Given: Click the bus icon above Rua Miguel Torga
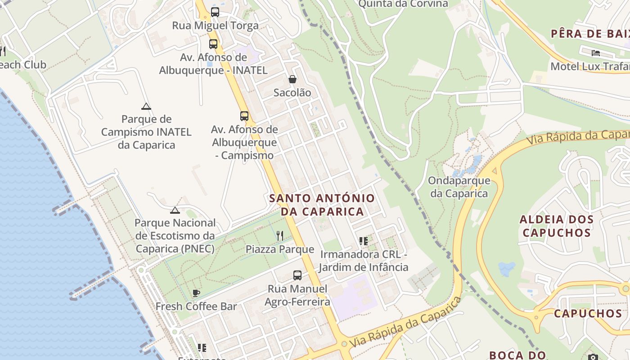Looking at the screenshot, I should (215, 12).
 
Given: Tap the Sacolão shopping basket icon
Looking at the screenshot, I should (292, 80).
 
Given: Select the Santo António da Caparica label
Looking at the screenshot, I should (322, 205).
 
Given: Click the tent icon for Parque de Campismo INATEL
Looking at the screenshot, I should (146, 107).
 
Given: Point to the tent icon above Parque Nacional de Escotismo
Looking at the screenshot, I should (175, 210).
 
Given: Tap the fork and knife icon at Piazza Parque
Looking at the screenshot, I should (280, 235).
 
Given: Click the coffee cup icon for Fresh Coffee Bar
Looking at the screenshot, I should (196, 293).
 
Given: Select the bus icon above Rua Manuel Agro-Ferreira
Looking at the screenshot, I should (297, 275).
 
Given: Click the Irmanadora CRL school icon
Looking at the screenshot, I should (364, 241).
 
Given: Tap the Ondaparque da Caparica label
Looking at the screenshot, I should (459, 187).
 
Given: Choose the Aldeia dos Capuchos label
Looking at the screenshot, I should (557, 226).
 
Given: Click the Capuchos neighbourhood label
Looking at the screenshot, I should (588, 314).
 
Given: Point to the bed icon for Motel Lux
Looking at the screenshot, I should (596, 53).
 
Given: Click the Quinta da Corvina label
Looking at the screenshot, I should (403, 4).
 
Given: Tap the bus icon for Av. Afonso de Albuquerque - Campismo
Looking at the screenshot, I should (244, 116).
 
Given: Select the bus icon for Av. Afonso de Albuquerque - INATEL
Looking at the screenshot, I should (213, 44).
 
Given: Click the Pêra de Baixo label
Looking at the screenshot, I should (589, 34).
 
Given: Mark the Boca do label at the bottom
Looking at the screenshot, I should (517, 355).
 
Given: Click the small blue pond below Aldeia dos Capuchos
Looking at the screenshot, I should (507, 269).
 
